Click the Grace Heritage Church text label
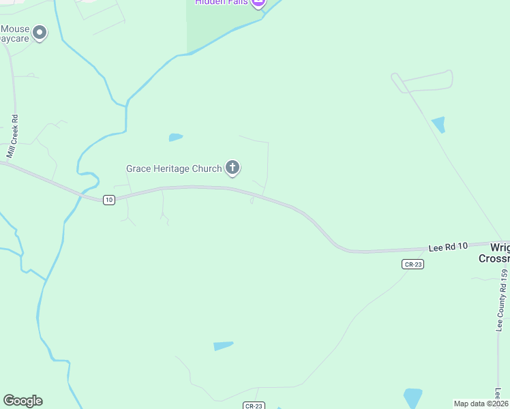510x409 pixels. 174,168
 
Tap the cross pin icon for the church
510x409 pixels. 232,167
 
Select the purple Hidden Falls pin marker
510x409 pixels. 258,3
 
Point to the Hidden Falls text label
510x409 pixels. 221,3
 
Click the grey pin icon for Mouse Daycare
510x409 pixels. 40,32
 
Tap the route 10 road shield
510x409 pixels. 109,200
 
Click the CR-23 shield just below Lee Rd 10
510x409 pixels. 412,264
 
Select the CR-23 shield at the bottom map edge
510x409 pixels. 253,406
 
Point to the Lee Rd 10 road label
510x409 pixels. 448,246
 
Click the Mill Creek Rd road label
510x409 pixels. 12,136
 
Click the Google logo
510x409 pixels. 22,401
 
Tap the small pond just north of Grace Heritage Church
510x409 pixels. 176,138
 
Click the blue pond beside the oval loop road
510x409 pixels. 438,125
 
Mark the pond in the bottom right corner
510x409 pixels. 413,397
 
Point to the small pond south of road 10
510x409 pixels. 223,346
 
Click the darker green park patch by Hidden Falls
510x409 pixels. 211,27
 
